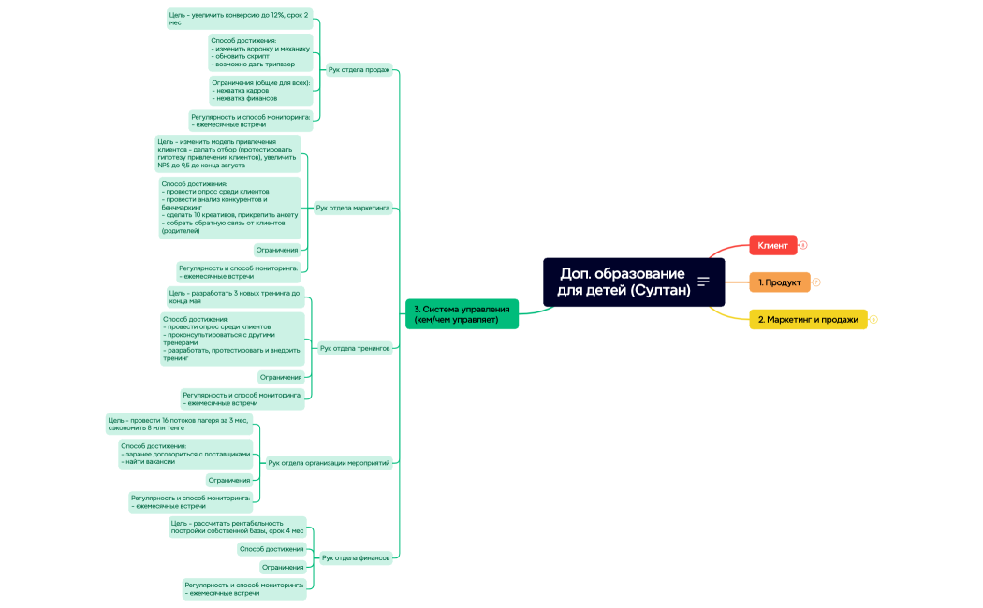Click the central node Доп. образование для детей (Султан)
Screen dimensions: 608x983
tap(623, 282)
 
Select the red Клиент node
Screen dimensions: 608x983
tap(772, 245)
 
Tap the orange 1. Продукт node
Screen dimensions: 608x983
tap(779, 282)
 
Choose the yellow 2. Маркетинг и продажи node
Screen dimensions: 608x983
tap(808, 319)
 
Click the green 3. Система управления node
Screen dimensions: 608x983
tap(462, 314)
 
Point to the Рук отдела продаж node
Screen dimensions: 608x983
tap(359, 70)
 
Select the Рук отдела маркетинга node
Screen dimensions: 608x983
tap(353, 208)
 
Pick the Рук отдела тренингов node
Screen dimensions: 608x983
tap(355, 348)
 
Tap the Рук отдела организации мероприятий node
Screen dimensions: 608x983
tap(329, 463)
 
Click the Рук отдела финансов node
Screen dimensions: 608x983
tap(356, 557)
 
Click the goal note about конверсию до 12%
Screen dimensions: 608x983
tap(239, 19)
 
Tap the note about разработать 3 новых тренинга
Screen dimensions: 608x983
tap(235, 297)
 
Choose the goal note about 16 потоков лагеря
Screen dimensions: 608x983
tap(179, 424)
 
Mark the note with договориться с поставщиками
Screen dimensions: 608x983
tap(185, 454)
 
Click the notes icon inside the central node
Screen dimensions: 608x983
tap(704, 282)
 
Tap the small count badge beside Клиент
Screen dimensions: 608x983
tap(802, 245)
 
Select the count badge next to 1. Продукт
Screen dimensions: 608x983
tap(815, 282)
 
